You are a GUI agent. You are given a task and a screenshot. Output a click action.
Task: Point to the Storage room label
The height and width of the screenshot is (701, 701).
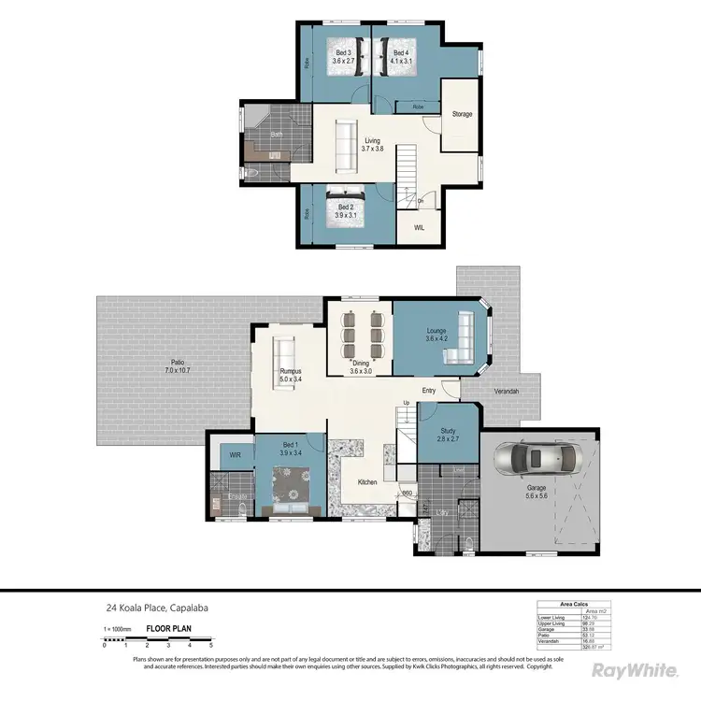pos(462,114)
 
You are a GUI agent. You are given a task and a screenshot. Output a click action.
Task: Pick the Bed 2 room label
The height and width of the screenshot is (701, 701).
pos(345,210)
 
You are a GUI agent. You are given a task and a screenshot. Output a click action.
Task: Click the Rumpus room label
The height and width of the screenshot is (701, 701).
pos(291,376)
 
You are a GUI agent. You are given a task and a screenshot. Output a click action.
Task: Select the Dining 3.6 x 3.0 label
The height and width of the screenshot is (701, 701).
pos(360,368)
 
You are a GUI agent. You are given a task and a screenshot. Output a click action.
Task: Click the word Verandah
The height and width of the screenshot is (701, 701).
pos(505,391)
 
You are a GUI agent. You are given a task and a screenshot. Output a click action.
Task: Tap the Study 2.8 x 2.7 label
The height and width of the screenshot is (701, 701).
pos(448,435)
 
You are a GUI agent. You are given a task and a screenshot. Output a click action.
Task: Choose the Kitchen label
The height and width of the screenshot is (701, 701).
pos(368,482)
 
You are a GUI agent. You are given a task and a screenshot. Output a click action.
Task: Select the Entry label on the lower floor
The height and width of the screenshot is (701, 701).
pos(428,391)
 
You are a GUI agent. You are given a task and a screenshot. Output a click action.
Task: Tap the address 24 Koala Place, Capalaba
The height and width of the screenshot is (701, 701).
pos(155,608)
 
